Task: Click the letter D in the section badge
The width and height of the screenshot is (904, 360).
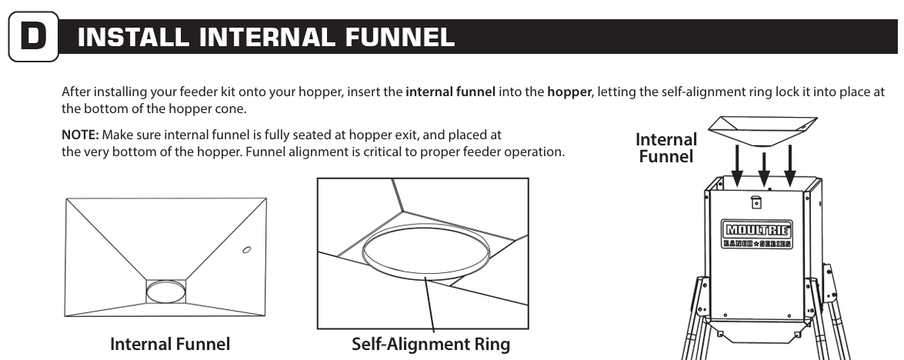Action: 33,36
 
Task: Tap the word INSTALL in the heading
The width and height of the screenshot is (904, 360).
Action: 132,38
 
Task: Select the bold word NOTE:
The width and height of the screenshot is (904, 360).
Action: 80,135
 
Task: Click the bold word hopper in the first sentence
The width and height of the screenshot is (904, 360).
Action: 569,92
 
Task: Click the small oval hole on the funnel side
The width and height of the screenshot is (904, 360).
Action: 246,249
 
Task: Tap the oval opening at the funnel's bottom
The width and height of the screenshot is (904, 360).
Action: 166,292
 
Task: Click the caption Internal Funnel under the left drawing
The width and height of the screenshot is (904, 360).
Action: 170,344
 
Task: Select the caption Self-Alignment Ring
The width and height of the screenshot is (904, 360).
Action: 431,344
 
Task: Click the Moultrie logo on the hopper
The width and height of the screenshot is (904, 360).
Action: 757,234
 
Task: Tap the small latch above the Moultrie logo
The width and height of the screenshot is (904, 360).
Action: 756,203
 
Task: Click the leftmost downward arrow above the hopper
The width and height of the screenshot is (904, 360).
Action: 736,166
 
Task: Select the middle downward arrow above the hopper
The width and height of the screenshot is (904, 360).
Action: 764,169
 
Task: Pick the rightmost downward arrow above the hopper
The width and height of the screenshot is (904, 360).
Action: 790,166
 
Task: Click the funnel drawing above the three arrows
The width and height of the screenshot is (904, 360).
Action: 762,131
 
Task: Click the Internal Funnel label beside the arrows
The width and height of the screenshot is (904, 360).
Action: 666,148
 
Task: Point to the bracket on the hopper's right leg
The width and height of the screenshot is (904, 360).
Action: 829,284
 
